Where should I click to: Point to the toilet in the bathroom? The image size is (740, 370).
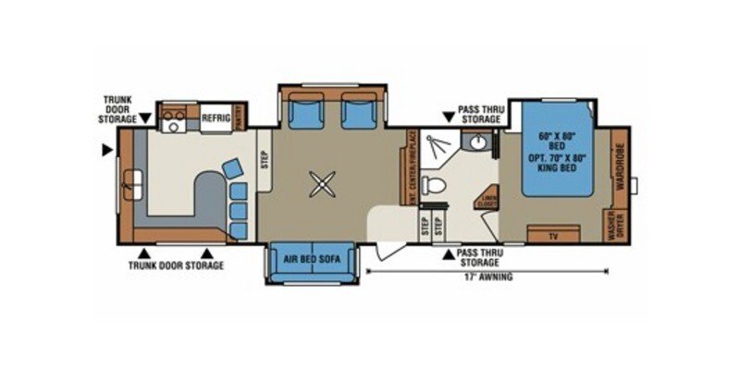[x=431, y=186]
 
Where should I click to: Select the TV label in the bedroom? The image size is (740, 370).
[x=554, y=237]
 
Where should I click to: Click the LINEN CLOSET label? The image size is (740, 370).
[x=487, y=198]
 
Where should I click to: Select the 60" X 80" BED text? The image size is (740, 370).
[x=557, y=136]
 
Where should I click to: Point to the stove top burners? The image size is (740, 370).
[x=172, y=117]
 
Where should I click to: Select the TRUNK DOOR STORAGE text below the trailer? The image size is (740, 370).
[x=176, y=265]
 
